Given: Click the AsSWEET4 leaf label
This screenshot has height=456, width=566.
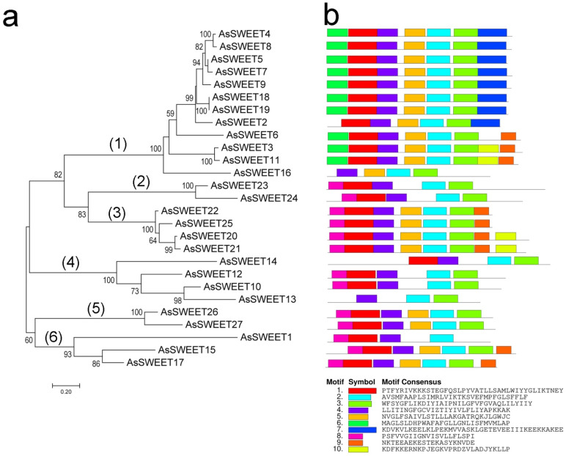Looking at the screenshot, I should tap(246, 34).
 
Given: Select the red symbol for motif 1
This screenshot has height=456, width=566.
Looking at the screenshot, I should tap(361, 391).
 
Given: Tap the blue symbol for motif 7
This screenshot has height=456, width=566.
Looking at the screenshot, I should tap(361, 430).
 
